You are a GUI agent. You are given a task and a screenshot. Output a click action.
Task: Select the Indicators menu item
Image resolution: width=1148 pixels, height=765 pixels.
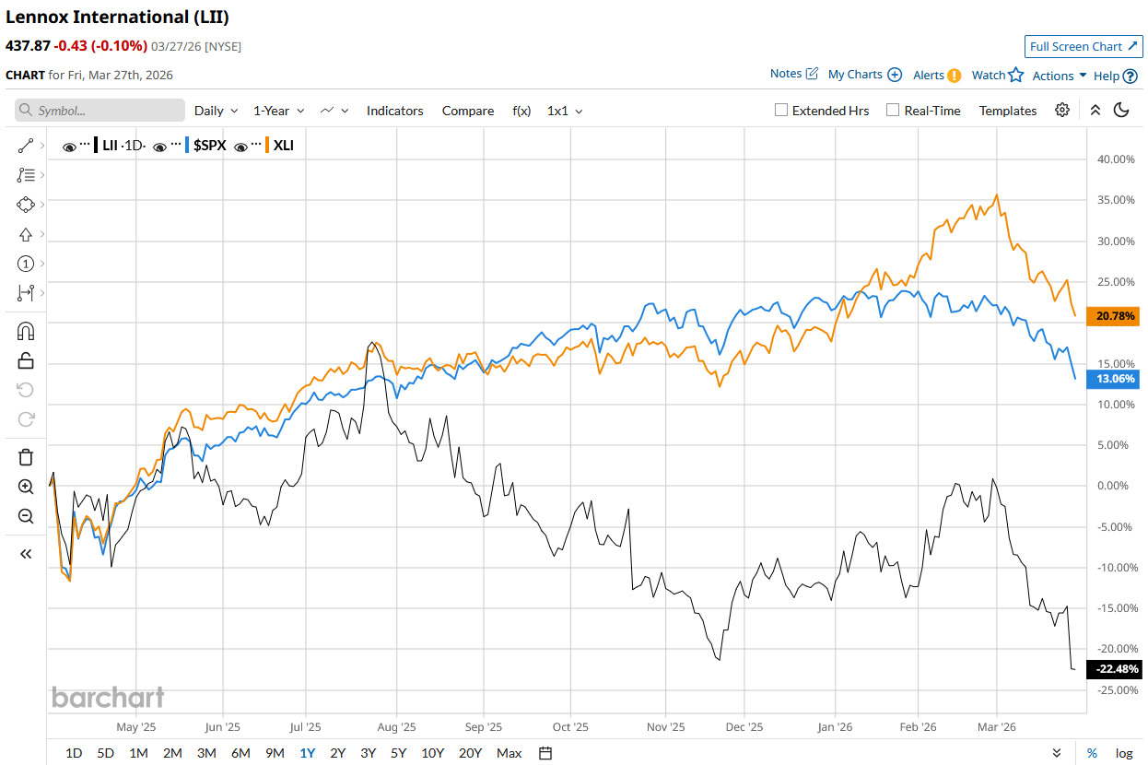394,111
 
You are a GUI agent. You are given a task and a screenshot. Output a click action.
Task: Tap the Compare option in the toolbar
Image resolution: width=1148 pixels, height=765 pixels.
467,111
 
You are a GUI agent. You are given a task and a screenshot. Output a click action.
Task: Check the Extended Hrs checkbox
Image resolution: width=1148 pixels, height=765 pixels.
781,111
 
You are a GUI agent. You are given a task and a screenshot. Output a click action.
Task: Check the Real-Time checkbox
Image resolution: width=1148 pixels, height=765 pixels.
892,111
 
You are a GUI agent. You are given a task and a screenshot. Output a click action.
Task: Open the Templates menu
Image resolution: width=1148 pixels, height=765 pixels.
1007,111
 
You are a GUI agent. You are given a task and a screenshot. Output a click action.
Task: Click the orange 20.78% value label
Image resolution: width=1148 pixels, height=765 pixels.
1115,316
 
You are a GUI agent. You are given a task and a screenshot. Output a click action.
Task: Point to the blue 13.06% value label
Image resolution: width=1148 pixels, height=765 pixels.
1115,379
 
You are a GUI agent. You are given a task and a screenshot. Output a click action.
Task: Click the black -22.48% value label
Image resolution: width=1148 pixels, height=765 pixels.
1113,669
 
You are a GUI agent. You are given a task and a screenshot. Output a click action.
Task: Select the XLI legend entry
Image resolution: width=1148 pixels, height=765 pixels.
283,146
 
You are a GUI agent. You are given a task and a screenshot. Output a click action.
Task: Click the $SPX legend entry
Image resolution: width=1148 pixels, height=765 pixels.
209,146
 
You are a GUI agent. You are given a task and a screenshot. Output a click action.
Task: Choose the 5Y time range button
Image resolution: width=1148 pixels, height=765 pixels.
398,753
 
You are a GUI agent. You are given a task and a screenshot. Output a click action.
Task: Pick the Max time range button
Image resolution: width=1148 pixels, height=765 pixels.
509,753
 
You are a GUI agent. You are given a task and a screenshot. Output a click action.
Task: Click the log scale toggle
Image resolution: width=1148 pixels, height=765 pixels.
1124,753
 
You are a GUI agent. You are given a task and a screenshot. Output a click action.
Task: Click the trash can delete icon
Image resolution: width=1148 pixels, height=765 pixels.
26,457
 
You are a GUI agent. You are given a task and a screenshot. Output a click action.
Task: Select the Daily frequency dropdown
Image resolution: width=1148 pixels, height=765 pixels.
216,111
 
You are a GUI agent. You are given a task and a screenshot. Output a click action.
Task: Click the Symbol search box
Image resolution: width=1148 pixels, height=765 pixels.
100,111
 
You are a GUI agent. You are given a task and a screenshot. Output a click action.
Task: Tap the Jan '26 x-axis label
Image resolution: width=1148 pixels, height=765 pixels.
835,726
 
